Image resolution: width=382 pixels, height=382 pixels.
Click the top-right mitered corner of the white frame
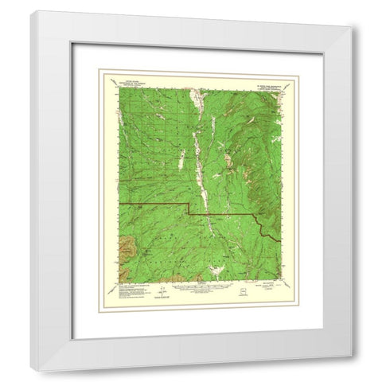pos(353,29)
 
